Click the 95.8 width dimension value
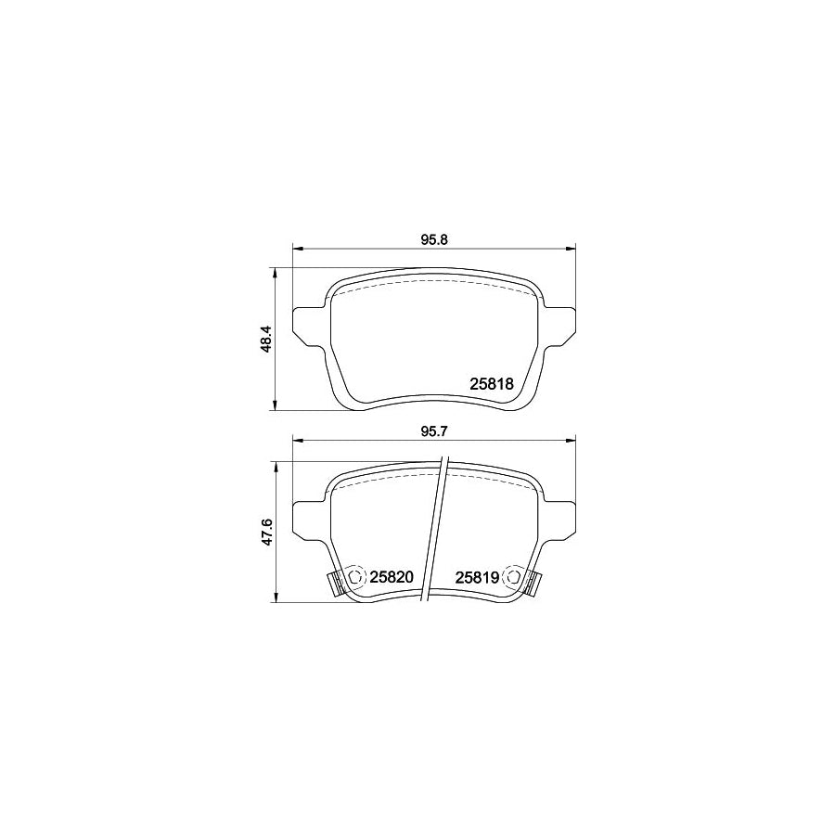tap(434, 239)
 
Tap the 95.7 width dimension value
tap(434, 430)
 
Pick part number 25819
tap(478, 576)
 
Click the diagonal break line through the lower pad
tap(436, 533)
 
